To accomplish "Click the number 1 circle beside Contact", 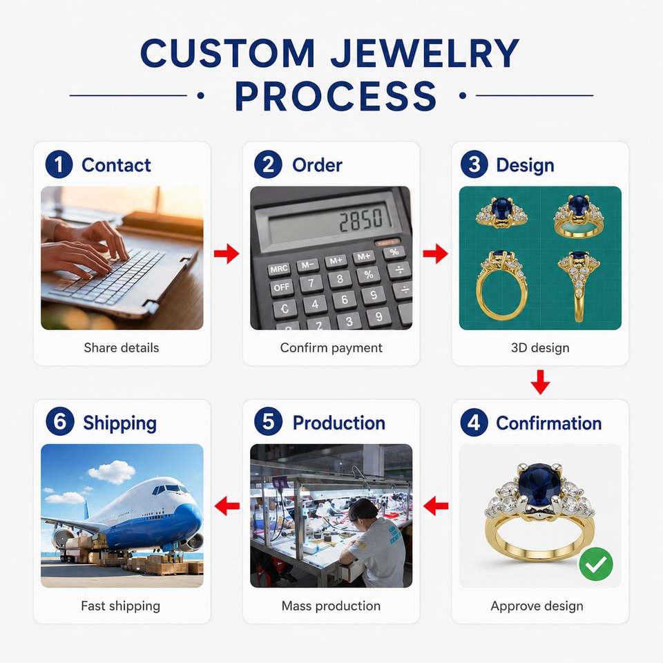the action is click(x=59, y=164).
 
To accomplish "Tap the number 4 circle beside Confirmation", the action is click(x=474, y=422).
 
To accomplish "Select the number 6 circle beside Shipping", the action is click(x=59, y=421).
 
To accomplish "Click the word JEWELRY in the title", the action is click(x=425, y=53).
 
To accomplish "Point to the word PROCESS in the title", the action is click(x=336, y=96).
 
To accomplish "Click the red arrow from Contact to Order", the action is click(x=227, y=253).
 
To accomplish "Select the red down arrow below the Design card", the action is click(x=540, y=382).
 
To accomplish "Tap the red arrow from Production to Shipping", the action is click(x=227, y=506).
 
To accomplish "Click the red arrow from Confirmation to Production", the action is click(x=436, y=506).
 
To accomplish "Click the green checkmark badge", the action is click(x=596, y=564).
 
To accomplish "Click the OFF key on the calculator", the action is click(x=282, y=287).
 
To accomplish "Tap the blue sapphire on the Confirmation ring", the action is click(x=539, y=482).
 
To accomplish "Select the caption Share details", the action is click(x=122, y=347).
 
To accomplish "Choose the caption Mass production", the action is click(x=331, y=606).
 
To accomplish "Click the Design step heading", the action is click(x=525, y=165).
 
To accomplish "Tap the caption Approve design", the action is click(x=537, y=606).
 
